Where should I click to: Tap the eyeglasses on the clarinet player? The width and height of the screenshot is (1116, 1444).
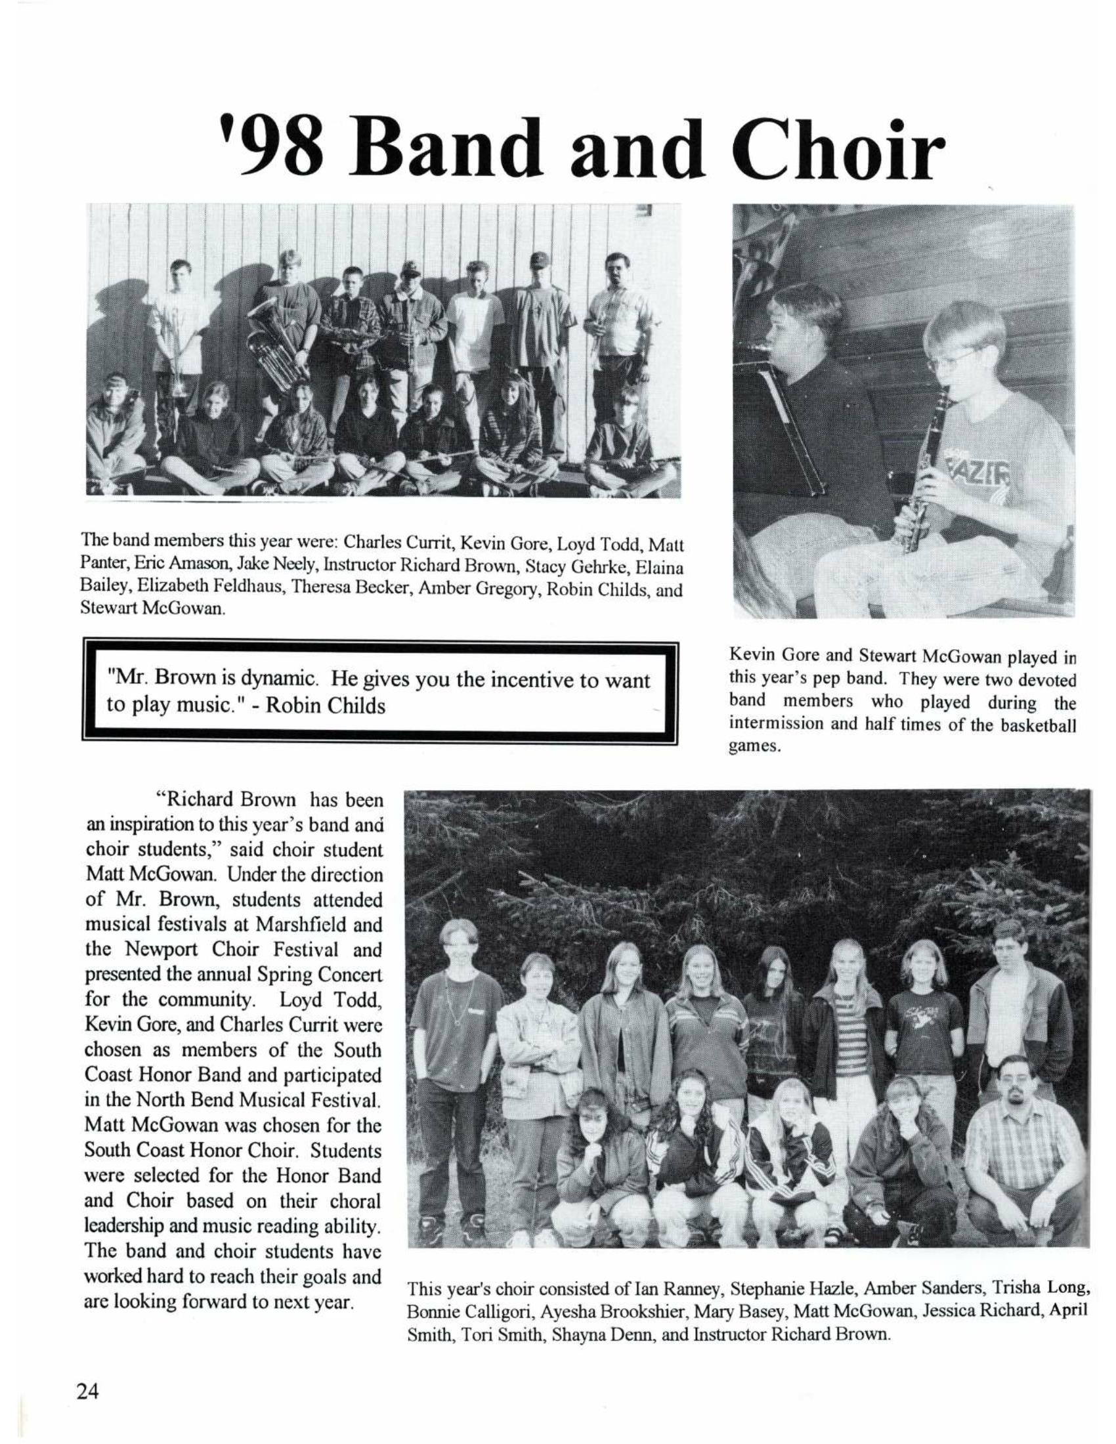click(952, 360)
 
